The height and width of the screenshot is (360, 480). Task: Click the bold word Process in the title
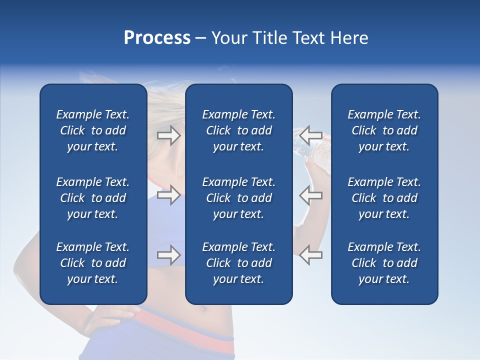(x=157, y=38)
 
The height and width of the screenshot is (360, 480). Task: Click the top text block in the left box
(x=93, y=130)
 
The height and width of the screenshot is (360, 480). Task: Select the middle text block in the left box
(x=93, y=198)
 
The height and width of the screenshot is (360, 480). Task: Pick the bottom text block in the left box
(x=93, y=263)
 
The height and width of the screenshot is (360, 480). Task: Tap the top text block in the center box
(x=238, y=130)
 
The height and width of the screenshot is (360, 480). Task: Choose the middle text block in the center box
(x=238, y=198)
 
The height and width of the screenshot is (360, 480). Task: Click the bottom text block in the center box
(x=238, y=263)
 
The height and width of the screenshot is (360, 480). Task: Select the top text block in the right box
(x=384, y=130)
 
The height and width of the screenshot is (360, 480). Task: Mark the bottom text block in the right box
(x=384, y=263)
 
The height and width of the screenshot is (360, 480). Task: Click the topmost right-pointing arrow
(x=169, y=135)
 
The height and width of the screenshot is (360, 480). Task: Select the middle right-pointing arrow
(x=169, y=195)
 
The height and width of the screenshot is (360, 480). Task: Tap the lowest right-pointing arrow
(x=169, y=255)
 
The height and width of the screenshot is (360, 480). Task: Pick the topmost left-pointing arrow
(x=311, y=135)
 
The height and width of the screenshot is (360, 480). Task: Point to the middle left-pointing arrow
(x=311, y=195)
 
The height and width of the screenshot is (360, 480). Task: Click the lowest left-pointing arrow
(x=311, y=255)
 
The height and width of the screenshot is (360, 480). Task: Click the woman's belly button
(x=203, y=308)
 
